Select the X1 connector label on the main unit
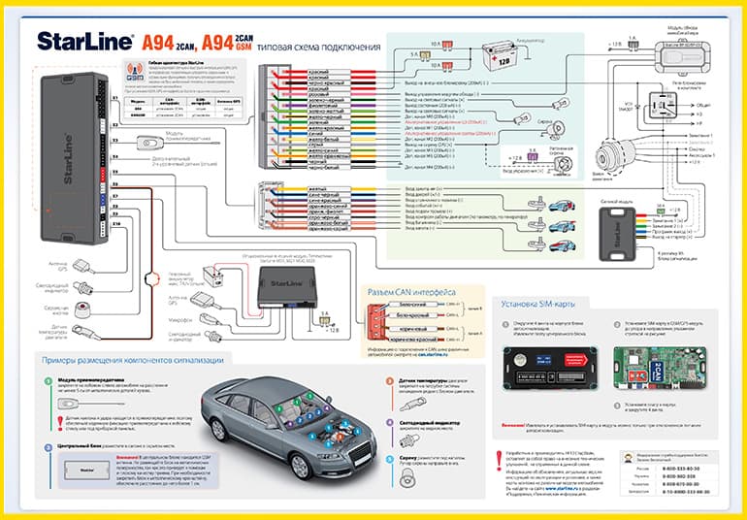click(x=114, y=98)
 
